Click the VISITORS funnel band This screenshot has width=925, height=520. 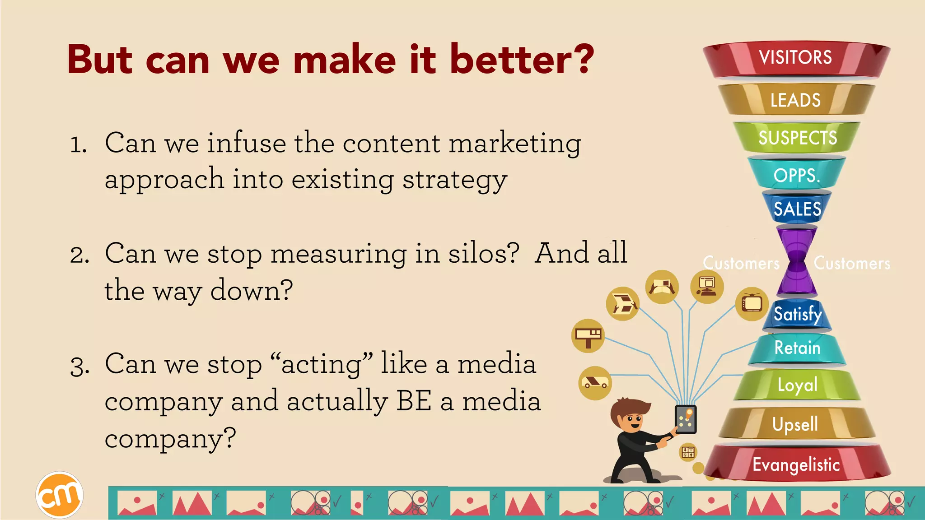[x=796, y=58]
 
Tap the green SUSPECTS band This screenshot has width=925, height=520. [x=797, y=138]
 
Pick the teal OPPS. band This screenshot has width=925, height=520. [x=797, y=175]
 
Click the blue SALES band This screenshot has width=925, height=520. [x=797, y=209]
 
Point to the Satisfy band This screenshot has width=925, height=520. [x=797, y=314]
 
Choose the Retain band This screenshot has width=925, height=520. [x=797, y=348]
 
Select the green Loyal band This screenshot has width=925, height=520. [x=797, y=385]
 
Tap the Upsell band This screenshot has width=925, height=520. [x=796, y=424]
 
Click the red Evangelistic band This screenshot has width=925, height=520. [x=796, y=464]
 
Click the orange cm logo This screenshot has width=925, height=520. [x=59, y=495]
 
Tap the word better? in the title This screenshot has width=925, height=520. [x=522, y=60]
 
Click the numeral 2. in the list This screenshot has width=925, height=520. [x=79, y=255]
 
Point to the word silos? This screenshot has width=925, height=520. [x=483, y=254]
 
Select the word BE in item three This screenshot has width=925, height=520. [x=413, y=401]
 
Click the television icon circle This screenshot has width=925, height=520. [x=752, y=304]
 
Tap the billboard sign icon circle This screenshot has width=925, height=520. [x=588, y=336]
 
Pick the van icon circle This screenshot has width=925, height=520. [x=595, y=383]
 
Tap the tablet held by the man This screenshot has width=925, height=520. [x=686, y=419]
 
